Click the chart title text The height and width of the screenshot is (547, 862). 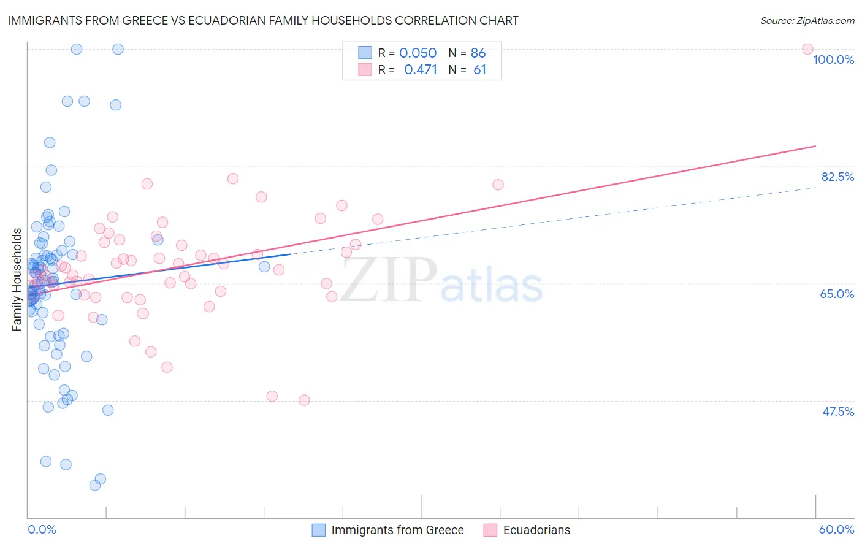point(263,20)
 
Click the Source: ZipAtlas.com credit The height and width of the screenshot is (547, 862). point(807,20)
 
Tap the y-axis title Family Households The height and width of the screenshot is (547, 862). point(17,280)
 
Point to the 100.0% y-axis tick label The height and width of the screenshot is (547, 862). point(833,59)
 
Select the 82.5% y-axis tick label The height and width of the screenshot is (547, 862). point(837,177)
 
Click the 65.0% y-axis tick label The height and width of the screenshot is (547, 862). point(837,294)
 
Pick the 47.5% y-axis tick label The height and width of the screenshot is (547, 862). point(837,411)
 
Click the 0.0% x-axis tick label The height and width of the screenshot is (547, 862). point(42,529)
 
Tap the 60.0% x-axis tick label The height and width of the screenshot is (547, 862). point(836,529)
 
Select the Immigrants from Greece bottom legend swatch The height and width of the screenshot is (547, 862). point(319,530)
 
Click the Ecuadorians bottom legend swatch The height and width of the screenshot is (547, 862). point(490,530)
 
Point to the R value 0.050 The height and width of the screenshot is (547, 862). point(418,53)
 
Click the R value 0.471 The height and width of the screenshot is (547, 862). point(420,70)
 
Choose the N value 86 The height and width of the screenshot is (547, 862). point(478,53)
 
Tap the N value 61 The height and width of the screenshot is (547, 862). point(479,70)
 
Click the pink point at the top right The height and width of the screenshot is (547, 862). point(807,49)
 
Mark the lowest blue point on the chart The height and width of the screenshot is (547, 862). point(95,485)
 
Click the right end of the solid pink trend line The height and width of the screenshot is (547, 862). point(815,146)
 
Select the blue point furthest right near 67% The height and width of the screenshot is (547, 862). point(264,267)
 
